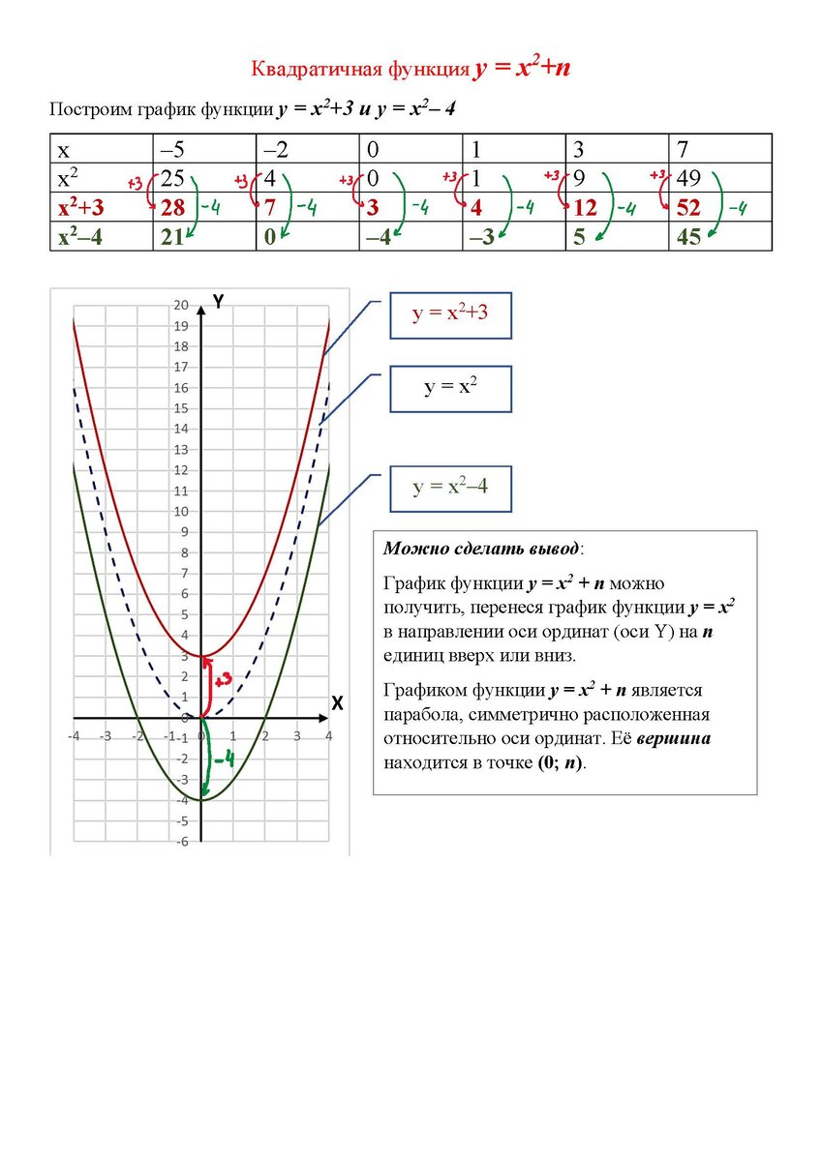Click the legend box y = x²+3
coord(449,314)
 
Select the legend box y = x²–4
coord(449,488)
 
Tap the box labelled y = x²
coord(449,389)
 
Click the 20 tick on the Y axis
coord(181,306)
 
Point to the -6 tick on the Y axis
coord(182,842)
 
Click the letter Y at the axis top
coord(219,302)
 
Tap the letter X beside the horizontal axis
coord(338,703)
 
